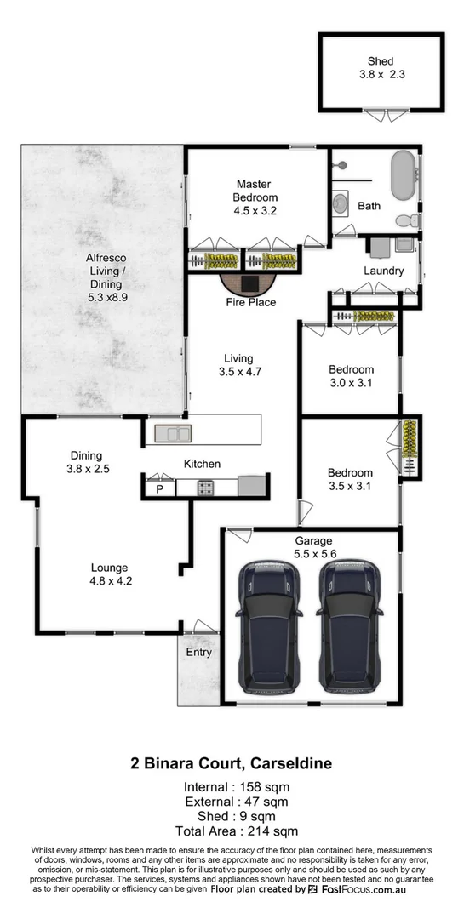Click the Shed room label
381,61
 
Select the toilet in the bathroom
407,220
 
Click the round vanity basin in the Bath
340,203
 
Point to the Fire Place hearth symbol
250,283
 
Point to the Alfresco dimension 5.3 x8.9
106,299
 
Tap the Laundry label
383,271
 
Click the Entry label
198,653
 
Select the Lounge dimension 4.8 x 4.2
111,582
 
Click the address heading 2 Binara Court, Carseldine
232,764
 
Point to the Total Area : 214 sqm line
232,831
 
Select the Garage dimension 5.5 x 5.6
313,552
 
